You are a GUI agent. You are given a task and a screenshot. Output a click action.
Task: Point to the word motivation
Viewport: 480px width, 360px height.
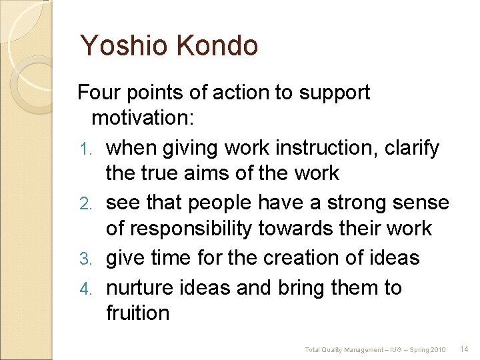[x=143, y=119]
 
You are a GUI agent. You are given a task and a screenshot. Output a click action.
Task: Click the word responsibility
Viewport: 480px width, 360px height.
[x=200, y=229]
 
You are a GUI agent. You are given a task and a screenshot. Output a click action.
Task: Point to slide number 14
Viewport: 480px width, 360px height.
[x=465, y=349]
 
